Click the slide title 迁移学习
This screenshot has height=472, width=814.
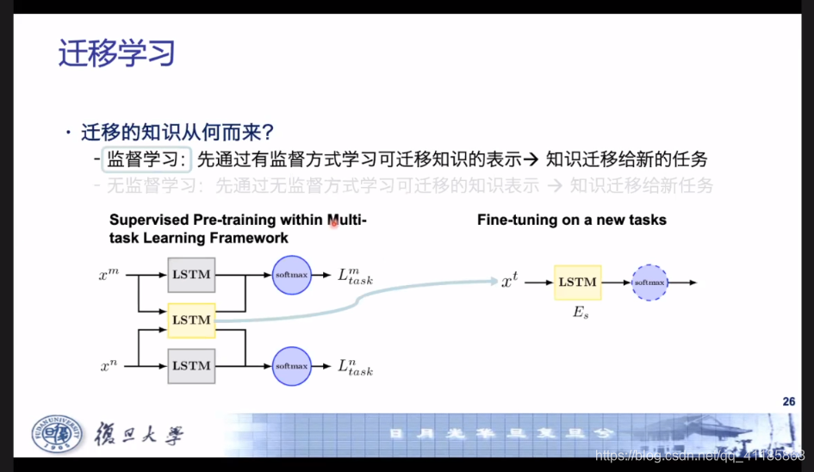click(116, 53)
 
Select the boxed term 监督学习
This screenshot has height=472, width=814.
click(146, 159)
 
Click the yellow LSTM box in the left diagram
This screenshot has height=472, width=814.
click(191, 320)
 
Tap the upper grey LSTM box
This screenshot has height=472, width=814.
click(191, 274)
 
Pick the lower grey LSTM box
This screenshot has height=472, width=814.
click(191, 365)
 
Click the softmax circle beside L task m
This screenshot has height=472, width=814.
click(291, 274)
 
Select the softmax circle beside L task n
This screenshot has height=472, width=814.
click(291, 366)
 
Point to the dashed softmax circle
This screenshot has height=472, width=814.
click(649, 282)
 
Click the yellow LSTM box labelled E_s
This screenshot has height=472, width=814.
click(577, 282)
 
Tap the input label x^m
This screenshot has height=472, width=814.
click(109, 275)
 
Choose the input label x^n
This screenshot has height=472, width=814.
click(109, 366)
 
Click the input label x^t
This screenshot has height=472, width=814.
click(510, 282)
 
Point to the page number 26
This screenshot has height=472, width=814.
click(788, 401)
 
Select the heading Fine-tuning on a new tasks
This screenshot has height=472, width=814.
click(572, 220)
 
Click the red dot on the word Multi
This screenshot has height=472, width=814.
click(334, 223)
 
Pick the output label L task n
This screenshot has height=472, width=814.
click(355, 367)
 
